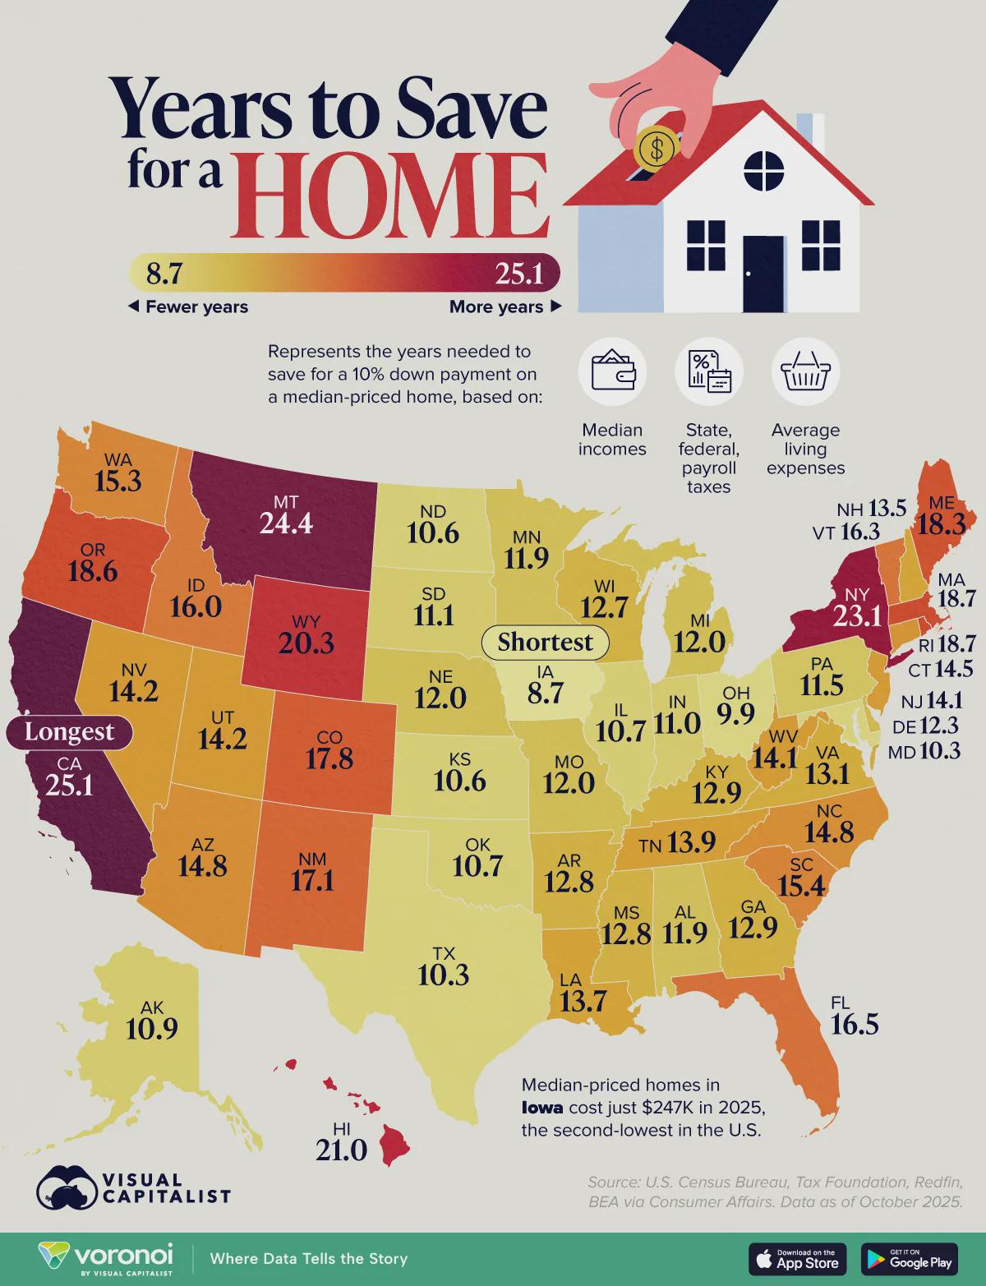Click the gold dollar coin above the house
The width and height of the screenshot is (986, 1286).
[657, 148]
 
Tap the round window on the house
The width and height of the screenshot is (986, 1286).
[764, 170]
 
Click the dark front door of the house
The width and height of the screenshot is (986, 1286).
[763, 273]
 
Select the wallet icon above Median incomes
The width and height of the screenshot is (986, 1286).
[612, 371]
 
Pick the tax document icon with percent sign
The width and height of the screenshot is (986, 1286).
[708, 372]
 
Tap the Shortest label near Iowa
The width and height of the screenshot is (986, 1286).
[545, 642]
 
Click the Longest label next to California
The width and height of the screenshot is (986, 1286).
[70, 731]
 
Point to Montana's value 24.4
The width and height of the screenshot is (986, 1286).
[286, 523]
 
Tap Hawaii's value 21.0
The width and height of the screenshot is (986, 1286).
[341, 1150]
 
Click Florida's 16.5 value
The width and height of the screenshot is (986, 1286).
[855, 1024]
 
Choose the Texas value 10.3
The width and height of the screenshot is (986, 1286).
[443, 975]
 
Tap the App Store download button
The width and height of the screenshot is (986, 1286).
[797, 1259]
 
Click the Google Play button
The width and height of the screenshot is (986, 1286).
[910, 1259]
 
